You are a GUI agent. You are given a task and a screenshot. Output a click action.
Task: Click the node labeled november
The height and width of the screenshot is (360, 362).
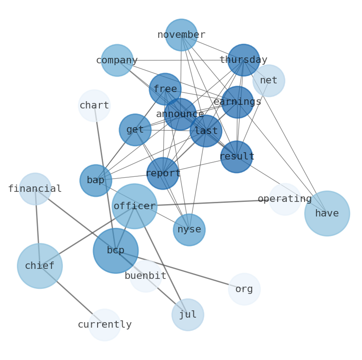[x=181, y=35]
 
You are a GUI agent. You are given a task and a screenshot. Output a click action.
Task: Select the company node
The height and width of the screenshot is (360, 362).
[x=117, y=60]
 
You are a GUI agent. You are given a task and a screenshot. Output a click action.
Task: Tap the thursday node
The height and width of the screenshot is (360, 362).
[x=243, y=60]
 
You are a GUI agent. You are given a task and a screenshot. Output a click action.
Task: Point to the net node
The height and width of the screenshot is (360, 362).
[x=269, y=81]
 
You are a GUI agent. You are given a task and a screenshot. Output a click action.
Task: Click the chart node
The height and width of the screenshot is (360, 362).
[x=94, y=106]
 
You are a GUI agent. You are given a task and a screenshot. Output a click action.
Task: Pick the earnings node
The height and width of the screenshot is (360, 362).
[x=238, y=102]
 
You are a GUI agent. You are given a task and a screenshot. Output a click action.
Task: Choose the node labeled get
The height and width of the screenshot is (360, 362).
[x=135, y=130]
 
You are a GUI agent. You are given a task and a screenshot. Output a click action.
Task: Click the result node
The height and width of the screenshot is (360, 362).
[x=237, y=157]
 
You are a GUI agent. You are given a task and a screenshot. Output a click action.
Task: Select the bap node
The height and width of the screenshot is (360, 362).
[x=96, y=180]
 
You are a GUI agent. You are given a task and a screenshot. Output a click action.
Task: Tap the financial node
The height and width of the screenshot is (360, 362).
[x=35, y=189]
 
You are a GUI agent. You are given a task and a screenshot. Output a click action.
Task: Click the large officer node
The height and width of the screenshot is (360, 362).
[x=134, y=206]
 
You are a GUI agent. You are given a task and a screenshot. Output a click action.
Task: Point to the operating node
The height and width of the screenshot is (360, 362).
[x=284, y=199]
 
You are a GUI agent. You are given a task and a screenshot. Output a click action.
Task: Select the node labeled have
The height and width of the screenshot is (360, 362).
[x=327, y=213]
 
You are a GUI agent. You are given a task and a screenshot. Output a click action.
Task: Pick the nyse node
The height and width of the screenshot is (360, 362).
[x=189, y=230]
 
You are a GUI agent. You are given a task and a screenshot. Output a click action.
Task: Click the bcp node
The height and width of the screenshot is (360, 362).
[x=116, y=251]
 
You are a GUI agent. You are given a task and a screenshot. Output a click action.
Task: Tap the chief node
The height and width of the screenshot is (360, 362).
[x=40, y=266]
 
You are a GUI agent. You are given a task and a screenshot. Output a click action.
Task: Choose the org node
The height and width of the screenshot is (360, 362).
[x=244, y=289]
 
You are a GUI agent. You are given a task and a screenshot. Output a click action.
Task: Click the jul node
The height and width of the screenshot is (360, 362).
[x=188, y=315]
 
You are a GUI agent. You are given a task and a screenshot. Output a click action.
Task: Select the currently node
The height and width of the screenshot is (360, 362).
[x=105, y=325]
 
